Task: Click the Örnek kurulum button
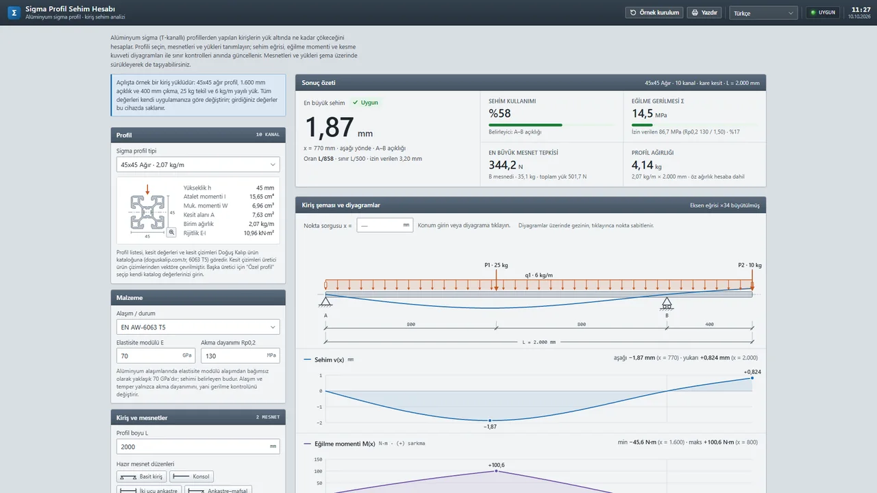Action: (654, 12)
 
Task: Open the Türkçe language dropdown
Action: (763, 13)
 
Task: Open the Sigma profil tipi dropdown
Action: (198, 165)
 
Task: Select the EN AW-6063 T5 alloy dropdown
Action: (198, 327)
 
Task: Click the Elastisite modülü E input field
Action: (156, 355)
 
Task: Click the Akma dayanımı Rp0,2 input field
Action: (240, 355)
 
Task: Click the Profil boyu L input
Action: (198, 446)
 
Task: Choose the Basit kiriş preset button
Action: (141, 476)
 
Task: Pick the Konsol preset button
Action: (191, 476)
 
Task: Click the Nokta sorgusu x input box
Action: (384, 225)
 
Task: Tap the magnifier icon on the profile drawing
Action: (171, 232)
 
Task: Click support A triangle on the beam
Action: (325, 301)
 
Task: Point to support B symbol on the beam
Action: (667, 303)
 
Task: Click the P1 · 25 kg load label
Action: (496, 265)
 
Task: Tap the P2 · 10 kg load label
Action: (750, 265)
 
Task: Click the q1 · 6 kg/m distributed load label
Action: (539, 275)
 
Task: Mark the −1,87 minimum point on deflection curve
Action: (490, 420)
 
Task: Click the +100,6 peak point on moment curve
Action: (497, 471)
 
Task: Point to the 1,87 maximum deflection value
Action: (329, 127)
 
